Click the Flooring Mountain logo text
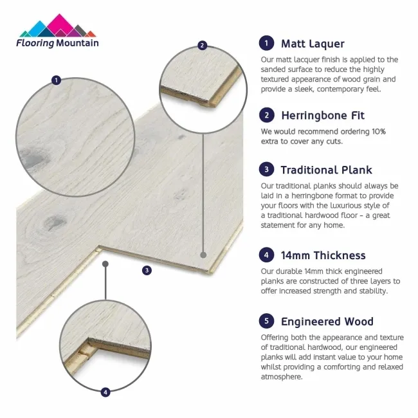point(57,43)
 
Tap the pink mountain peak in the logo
point(59,23)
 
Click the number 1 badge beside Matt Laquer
point(266,43)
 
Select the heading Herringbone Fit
point(323,116)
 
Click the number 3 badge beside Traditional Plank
point(266,169)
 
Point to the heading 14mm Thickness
point(323,255)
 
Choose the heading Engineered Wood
point(327,322)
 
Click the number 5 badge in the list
point(266,321)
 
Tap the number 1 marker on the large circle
point(56,80)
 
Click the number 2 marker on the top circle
point(203,45)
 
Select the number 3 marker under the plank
point(147,271)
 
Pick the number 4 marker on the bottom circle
point(105,392)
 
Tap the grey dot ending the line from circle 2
point(203,255)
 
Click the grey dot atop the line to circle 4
point(105,264)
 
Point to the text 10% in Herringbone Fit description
point(379,131)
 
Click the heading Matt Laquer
point(313,44)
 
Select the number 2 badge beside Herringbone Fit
point(267,115)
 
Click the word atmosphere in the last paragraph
point(282,377)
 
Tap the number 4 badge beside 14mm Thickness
point(266,255)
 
